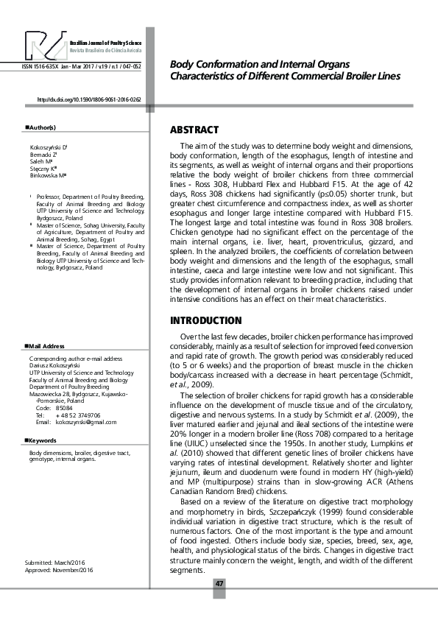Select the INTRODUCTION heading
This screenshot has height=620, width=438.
(206, 320)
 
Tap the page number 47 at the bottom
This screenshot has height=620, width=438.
(219, 584)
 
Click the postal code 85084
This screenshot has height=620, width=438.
(65, 407)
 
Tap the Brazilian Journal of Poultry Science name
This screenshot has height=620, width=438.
(105, 45)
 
